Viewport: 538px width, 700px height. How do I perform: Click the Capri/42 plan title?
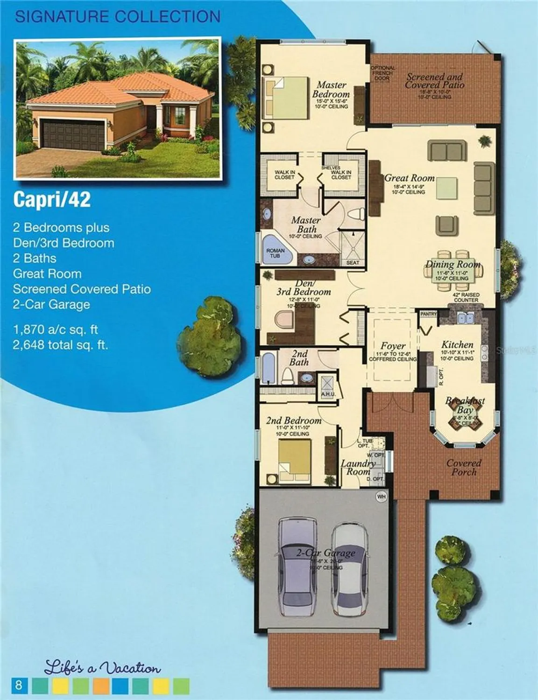click(52, 200)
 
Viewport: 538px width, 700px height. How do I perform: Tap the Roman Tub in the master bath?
click(275, 253)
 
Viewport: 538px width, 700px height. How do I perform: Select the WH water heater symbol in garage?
click(381, 497)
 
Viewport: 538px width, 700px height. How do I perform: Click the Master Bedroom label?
click(331, 90)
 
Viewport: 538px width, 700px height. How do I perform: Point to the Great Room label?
click(409, 178)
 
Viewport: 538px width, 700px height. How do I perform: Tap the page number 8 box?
click(19, 685)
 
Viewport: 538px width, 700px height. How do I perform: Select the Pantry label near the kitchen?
click(428, 314)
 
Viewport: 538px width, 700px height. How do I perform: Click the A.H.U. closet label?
click(326, 394)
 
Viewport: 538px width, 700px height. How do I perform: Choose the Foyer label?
click(392, 346)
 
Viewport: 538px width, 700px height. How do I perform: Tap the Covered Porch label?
click(463, 468)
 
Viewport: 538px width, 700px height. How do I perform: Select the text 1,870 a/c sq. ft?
click(56, 330)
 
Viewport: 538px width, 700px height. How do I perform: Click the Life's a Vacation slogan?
click(102, 668)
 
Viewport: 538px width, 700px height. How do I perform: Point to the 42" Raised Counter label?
click(466, 297)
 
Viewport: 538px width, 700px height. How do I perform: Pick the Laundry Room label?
click(358, 467)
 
